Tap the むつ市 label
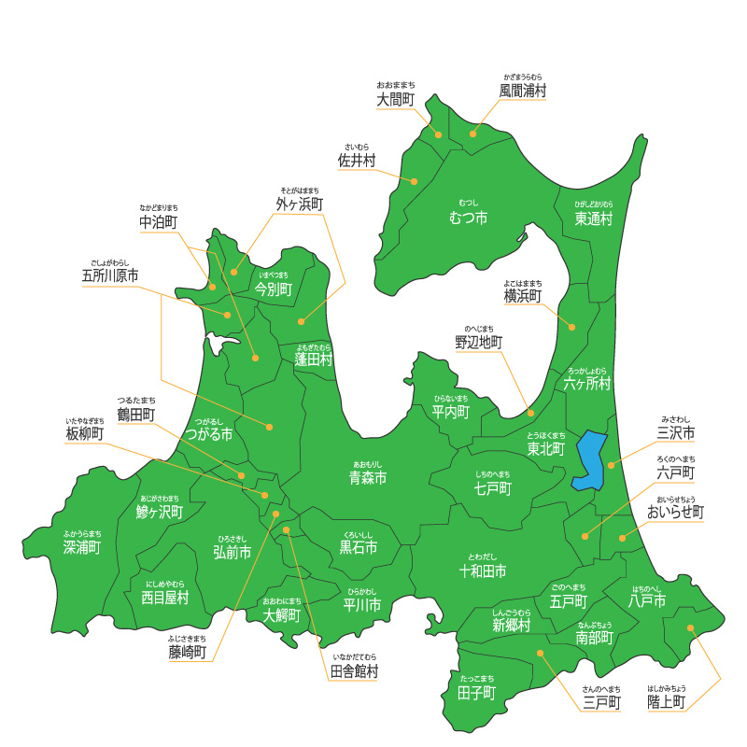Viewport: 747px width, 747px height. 468,218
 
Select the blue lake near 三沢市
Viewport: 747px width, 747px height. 589,460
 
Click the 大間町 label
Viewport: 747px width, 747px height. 396,99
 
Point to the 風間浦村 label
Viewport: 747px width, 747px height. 522,91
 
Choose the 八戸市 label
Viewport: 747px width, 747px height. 647,601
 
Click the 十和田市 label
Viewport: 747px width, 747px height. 483,571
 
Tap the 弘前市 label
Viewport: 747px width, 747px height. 233,552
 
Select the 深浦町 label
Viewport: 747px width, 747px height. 82,546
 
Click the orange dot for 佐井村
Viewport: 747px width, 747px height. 414,180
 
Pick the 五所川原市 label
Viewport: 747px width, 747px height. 110,276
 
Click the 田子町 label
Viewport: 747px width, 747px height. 477,692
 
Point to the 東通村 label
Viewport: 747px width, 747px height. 593,218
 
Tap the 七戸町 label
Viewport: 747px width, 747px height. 492,488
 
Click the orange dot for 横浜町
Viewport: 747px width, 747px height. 571,327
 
